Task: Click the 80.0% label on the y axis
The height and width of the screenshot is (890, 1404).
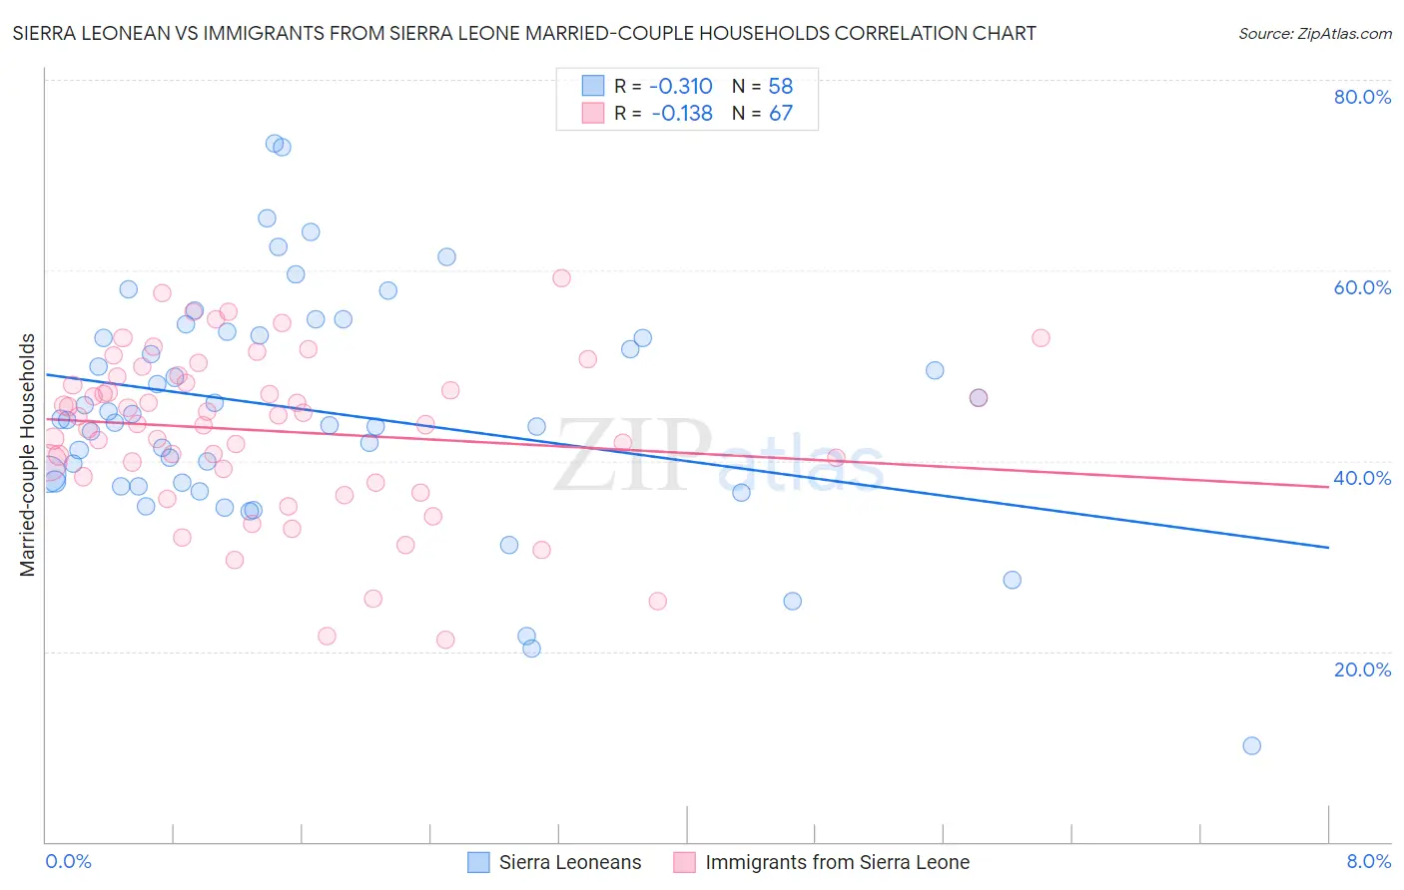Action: tap(1362, 97)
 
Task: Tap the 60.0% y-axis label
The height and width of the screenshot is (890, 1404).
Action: tap(1362, 287)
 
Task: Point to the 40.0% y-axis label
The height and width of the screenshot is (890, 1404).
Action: tap(1362, 478)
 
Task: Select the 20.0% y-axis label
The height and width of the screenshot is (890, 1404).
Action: tap(1362, 669)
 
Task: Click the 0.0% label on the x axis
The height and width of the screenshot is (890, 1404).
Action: tap(68, 861)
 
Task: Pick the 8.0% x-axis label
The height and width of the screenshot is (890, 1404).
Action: tap(1368, 861)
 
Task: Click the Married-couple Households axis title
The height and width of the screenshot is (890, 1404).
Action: tap(28, 455)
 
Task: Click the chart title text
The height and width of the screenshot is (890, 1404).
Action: tap(524, 33)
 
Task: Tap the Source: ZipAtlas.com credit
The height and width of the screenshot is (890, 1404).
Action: tap(1314, 33)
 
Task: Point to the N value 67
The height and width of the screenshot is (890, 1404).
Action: tap(781, 113)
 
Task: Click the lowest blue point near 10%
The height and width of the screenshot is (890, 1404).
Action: tap(1251, 745)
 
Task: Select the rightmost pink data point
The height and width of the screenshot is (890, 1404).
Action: tap(1041, 337)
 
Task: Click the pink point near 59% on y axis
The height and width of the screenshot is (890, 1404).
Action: tap(561, 278)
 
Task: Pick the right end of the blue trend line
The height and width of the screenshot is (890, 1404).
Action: tap(1328, 548)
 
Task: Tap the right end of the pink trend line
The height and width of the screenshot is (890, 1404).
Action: tap(1328, 487)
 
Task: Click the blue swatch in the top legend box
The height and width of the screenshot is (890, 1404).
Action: tap(593, 86)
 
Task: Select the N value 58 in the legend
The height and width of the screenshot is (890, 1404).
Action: tap(781, 86)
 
